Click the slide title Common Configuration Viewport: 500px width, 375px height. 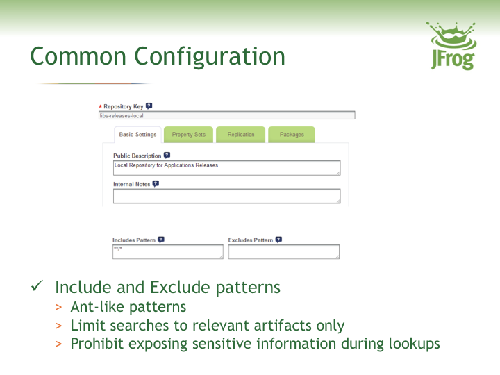pyautogui.click(x=158, y=56)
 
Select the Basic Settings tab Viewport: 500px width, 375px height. pyautogui.click(x=137, y=135)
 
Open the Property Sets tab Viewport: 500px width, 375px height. pyautogui.click(x=188, y=135)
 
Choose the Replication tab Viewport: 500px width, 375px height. pyautogui.click(x=241, y=135)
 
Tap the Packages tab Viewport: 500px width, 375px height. pyautogui.click(x=292, y=135)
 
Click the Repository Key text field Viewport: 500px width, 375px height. pyautogui.click(x=226, y=116)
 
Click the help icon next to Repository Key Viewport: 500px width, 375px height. pyautogui.click(x=149, y=106)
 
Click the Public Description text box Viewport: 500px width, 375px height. pyautogui.click(x=226, y=168)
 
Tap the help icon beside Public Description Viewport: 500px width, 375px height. pyautogui.click(x=167, y=156)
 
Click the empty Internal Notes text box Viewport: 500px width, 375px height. pyautogui.click(x=226, y=196)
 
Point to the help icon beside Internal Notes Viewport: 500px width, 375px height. pyautogui.click(x=156, y=184)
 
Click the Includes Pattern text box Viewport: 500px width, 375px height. pyautogui.click(x=167, y=251)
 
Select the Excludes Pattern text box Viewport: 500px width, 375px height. pyautogui.click(x=283, y=251)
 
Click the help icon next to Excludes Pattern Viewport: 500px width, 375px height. pyautogui.click(x=278, y=240)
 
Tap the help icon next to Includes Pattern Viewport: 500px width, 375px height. pyautogui.click(x=161, y=240)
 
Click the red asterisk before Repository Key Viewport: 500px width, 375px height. pyautogui.click(x=100, y=107)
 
